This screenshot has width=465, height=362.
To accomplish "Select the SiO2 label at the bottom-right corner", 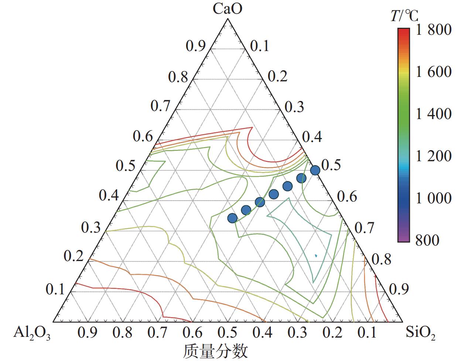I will coord(421,332).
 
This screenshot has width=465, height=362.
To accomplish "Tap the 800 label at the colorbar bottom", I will coord(427,240).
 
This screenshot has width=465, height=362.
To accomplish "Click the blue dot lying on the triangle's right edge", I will coord(315,170).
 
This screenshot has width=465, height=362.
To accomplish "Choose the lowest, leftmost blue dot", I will coord(232,218).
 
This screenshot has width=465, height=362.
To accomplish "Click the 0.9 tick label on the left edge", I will coord(195,46).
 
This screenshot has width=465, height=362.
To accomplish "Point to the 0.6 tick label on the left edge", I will coord(143,137).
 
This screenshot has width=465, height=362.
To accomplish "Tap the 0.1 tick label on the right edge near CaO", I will coord(260,46).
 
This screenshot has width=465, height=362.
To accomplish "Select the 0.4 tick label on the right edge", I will coord(312,137).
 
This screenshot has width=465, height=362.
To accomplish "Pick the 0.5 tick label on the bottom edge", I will coord(228,333).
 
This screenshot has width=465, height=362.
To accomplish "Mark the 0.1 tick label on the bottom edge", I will coord(367,333).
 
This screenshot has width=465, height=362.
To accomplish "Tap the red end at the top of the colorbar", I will coord(404,30).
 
